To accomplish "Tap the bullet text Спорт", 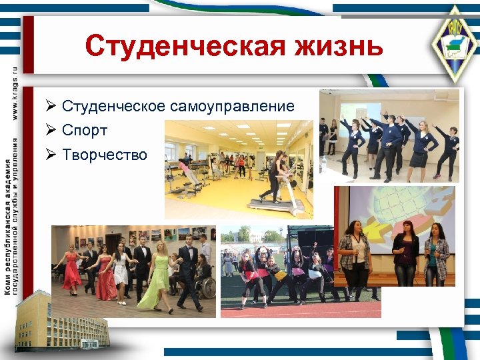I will pos(85,131).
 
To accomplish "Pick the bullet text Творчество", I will pos(104,155).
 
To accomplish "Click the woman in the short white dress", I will pos(121,270).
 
